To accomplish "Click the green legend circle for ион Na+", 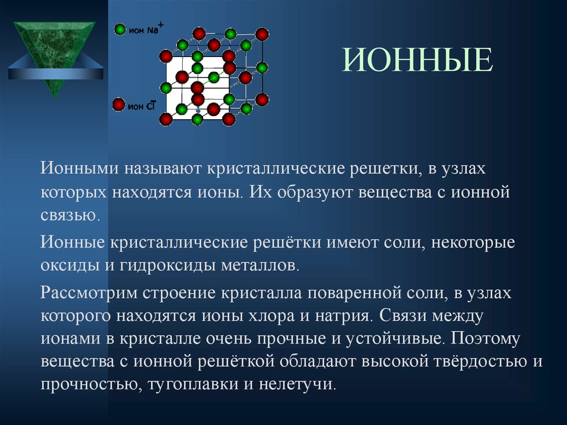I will (x=119, y=29).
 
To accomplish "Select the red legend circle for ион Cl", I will (x=118, y=104).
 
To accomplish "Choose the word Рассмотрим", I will (x=86, y=293).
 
